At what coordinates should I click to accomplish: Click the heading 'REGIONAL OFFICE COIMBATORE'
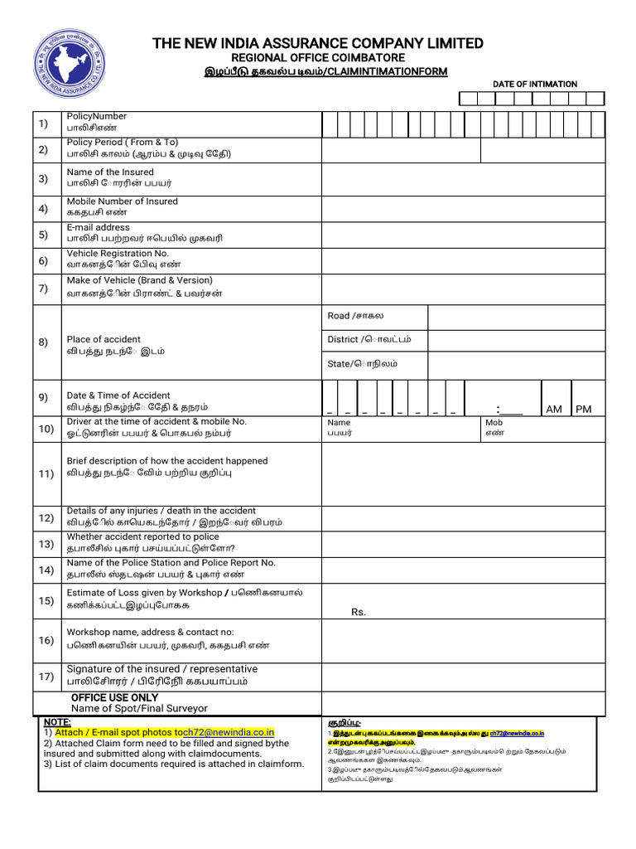pos(317,58)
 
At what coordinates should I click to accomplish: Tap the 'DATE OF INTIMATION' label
pos(535,85)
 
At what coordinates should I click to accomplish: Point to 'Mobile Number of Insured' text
pos(122,201)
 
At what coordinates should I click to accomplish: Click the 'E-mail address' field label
pos(98,227)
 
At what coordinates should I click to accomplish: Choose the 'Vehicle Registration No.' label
pos(118,254)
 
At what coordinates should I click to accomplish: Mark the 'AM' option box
pos(554,409)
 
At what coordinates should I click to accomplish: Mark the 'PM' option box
pos(584,409)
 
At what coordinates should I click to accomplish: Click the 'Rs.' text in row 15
pos(359,612)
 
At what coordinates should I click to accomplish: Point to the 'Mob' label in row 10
pos(494,423)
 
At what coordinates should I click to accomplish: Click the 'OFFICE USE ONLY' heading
pos(114,698)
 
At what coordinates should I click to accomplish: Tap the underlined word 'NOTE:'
pos(57,723)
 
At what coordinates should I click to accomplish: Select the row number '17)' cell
pos(46,677)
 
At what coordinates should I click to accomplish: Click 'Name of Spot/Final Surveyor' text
pos(139,709)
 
